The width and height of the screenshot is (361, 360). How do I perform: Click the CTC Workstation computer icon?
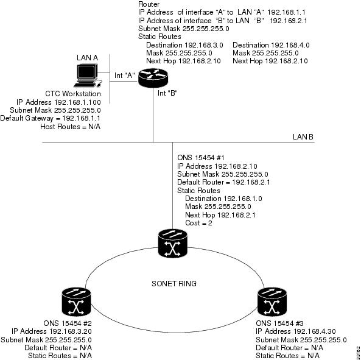(88, 76)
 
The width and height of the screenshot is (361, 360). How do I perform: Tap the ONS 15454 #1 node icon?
(173, 243)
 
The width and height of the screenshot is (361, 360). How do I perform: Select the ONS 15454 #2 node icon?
(77, 302)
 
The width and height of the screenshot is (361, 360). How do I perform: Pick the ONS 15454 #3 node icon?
(272, 302)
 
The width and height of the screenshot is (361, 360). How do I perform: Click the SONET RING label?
(174, 283)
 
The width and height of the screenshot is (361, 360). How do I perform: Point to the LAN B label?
(303, 137)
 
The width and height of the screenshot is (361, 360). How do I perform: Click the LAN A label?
(87, 58)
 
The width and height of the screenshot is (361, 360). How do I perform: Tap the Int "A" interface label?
(125, 76)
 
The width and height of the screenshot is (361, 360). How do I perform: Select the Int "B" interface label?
(167, 93)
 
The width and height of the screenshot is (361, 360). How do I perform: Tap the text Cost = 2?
(198, 223)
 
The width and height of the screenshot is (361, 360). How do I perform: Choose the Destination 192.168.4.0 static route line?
(271, 45)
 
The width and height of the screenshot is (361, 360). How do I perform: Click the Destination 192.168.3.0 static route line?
(184, 45)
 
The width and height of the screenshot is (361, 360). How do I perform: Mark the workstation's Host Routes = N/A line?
(71, 127)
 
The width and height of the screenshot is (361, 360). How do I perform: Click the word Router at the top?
(149, 4)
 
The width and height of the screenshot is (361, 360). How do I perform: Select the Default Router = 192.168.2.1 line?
(223, 182)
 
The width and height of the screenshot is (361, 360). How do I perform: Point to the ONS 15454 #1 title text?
(201, 158)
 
